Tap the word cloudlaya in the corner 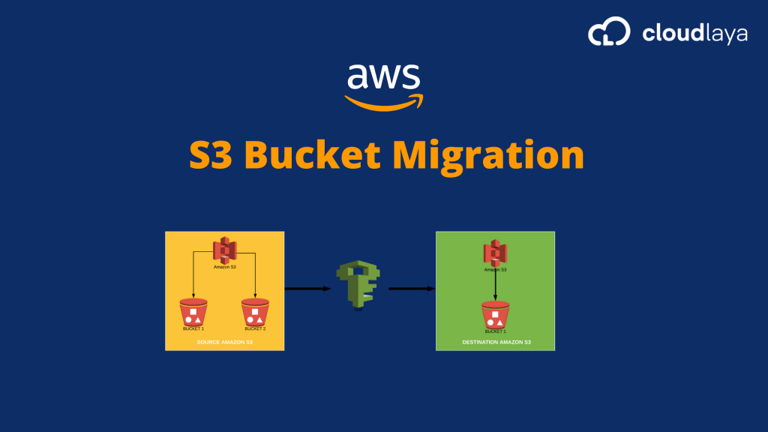click(694, 33)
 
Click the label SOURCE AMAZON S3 click(224, 342)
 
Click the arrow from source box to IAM click(307, 288)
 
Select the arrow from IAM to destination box click(412, 288)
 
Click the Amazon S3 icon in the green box click(494, 253)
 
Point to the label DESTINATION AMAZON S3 click(496, 342)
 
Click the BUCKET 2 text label click(255, 328)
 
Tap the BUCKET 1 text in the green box click(495, 331)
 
